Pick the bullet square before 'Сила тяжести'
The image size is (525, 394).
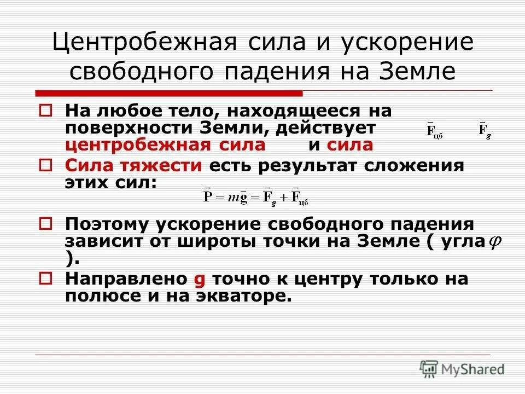[x=46, y=164]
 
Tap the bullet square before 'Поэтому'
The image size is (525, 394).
[x=46, y=223]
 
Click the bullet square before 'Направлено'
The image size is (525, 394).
[x=46, y=278]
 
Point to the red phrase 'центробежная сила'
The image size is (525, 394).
[x=165, y=145]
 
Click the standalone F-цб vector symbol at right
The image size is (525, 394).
[x=434, y=131]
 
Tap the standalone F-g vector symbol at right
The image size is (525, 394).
[x=485, y=131]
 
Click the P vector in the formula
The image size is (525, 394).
[x=208, y=196]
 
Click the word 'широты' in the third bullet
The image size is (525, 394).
[x=215, y=241]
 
